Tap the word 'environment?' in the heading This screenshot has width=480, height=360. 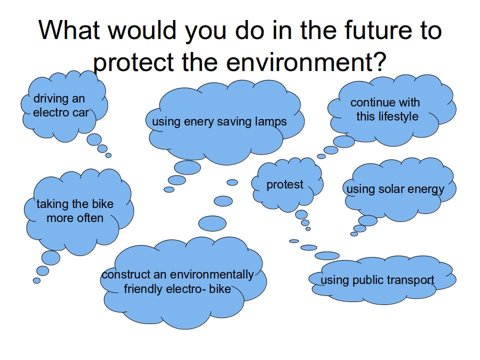coord(306,62)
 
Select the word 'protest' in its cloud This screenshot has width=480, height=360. coord(284,184)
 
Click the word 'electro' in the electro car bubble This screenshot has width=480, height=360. coord(51,112)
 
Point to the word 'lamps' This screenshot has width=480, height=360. coord(271,122)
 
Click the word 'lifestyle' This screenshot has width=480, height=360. coord(398,116)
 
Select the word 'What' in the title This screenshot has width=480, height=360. coord(69,30)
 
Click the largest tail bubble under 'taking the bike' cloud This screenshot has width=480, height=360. coord(51,258)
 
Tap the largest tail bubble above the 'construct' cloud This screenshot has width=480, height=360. coord(212,223)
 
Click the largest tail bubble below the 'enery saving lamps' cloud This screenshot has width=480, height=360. coord(187,168)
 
